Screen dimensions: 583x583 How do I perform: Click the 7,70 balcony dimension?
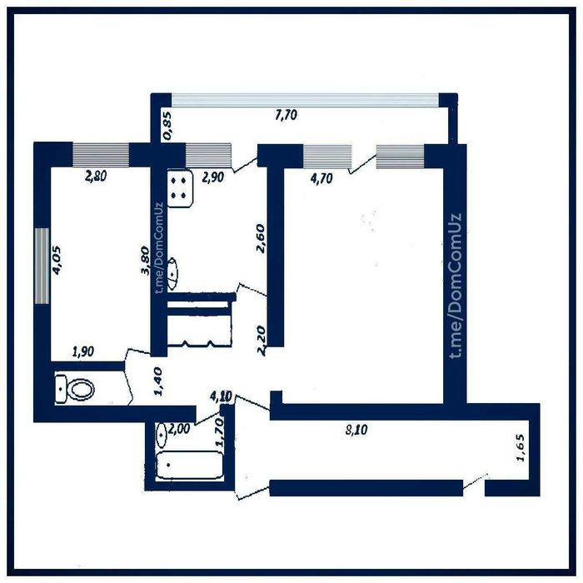click(286, 115)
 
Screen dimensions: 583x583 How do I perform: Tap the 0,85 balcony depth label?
click(167, 126)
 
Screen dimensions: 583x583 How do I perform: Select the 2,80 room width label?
click(96, 176)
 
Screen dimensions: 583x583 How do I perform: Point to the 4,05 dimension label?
click(57, 260)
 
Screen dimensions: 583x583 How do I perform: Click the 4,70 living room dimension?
click(321, 179)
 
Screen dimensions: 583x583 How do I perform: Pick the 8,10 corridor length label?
click(356, 431)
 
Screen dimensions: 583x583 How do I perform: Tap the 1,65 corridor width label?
click(521, 448)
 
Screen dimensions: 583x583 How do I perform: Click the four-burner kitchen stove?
click(180, 188)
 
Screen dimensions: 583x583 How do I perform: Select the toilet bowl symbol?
click(75, 389)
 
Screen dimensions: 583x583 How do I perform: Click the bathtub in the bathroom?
click(190, 465)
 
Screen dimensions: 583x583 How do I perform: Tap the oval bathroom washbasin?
click(162, 435)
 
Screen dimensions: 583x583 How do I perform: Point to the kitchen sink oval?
click(172, 274)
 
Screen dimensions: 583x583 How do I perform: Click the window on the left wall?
click(42, 266)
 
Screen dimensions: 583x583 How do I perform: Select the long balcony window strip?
click(306, 101)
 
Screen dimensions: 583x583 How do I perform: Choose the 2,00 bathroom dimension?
click(179, 430)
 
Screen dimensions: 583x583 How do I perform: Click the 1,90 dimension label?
click(83, 351)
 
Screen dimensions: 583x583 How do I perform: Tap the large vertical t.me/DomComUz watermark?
click(455, 286)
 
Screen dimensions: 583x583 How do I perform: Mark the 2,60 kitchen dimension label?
click(261, 238)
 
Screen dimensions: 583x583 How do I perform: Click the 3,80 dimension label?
click(145, 260)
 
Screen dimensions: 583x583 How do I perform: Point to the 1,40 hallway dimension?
click(157, 381)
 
